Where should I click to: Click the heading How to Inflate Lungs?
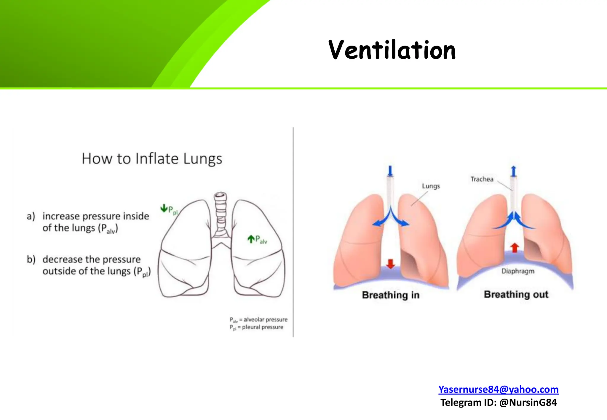click(x=152, y=158)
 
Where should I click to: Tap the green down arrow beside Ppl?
click(x=164, y=209)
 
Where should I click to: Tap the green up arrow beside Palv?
click(x=251, y=239)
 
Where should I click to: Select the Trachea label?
click(x=482, y=179)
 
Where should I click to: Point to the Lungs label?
click(x=431, y=186)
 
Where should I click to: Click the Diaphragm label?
click(x=518, y=271)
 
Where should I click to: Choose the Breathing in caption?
click(x=391, y=295)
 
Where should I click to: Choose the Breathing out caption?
click(x=516, y=294)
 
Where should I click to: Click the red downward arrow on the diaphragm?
click(x=391, y=264)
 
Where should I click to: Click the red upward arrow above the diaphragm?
click(x=515, y=248)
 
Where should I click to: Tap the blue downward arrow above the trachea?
click(x=390, y=171)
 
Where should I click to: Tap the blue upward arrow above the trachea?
click(x=514, y=171)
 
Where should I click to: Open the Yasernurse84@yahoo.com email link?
click(x=498, y=389)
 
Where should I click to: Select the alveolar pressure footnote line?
click(x=258, y=320)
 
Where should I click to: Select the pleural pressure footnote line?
click(x=256, y=327)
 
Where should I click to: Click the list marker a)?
click(x=31, y=216)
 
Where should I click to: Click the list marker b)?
click(x=31, y=259)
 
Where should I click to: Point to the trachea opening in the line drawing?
click(x=220, y=195)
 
